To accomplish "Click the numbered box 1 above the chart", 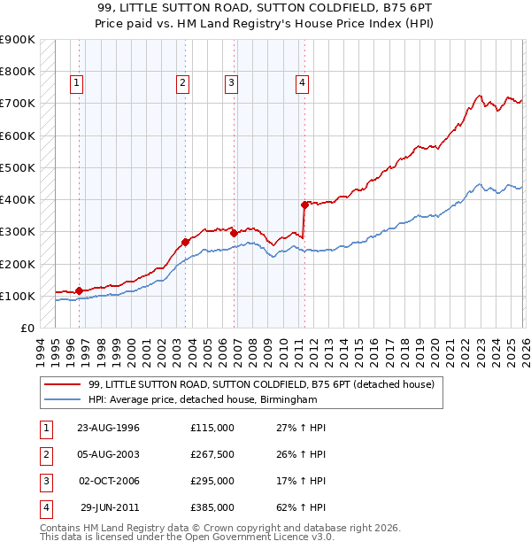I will pyautogui.click(x=78, y=84).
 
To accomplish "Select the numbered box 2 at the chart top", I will pyautogui.click(x=182, y=84).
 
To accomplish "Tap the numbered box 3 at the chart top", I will pyautogui.click(x=231, y=84).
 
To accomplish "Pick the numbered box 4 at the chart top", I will pyautogui.click(x=302, y=84).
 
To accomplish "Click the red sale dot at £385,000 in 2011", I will pyautogui.click(x=304, y=205).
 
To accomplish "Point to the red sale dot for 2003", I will pyautogui.click(x=185, y=242).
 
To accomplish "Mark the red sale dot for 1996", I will pyautogui.click(x=79, y=290).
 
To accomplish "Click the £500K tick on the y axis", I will pyautogui.click(x=18, y=167).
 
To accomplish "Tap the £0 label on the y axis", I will pyautogui.click(x=26, y=328).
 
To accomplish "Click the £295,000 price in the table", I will pyautogui.click(x=212, y=481).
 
